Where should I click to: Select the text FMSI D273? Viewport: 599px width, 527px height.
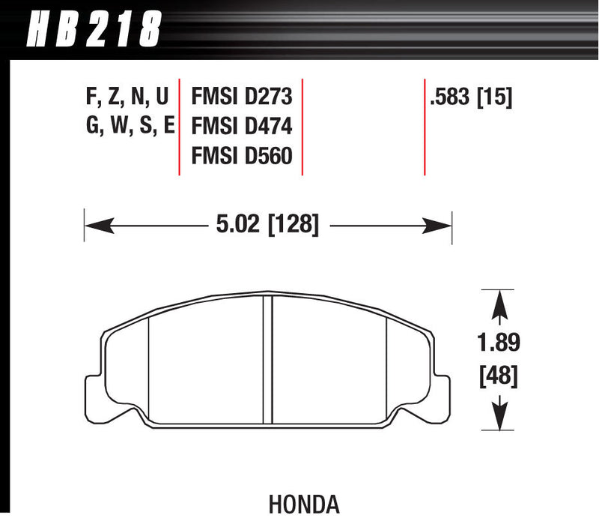click(242, 97)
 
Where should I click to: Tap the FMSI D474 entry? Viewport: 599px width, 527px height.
click(242, 126)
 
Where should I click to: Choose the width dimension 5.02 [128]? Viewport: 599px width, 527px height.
click(268, 224)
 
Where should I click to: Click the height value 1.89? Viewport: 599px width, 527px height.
click(499, 343)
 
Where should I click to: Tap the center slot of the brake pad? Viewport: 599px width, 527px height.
click(267, 360)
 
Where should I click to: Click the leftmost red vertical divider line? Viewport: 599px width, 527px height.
click(179, 126)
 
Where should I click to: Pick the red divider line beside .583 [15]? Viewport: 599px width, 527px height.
click(425, 126)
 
